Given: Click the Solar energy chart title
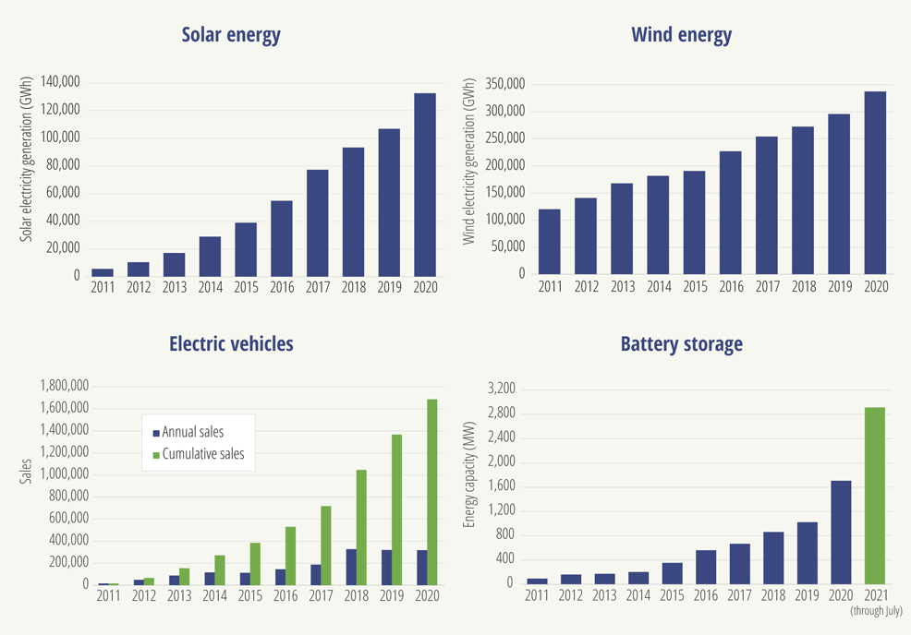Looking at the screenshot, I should [x=231, y=35].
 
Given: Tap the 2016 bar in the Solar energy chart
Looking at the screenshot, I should [x=282, y=238].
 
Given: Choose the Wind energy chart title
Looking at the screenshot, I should [x=681, y=35].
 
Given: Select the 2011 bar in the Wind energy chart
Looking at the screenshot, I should [x=550, y=241].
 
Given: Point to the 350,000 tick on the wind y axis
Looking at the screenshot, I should [x=504, y=85].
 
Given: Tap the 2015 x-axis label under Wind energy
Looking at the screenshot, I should [x=695, y=287].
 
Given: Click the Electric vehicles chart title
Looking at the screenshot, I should [x=231, y=344].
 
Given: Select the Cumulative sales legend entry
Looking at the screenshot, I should [x=202, y=454].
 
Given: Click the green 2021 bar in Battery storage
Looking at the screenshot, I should [x=874, y=495].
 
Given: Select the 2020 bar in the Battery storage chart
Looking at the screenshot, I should [x=840, y=532].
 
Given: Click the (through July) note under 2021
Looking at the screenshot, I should [x=875, y=611].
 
